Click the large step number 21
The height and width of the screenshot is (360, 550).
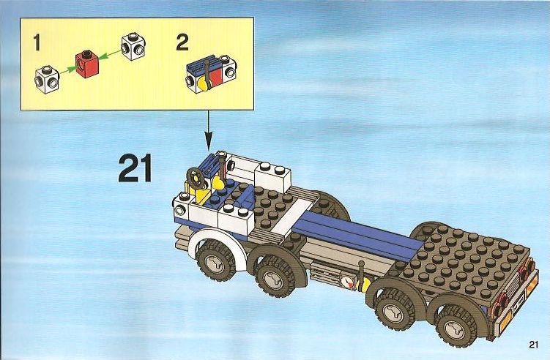point(135,168)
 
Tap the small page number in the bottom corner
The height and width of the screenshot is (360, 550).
point(533,345)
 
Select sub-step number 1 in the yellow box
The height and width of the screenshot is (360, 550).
point(37,42)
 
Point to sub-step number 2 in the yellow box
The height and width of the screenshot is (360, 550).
point(182,42)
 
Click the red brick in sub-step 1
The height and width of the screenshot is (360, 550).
point(87,64)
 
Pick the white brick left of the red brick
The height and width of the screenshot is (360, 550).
point(47,80)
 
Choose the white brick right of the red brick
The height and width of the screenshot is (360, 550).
point(133,47)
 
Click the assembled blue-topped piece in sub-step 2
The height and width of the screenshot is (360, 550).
point(211,74)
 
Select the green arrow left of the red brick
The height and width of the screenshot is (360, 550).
point(67,70)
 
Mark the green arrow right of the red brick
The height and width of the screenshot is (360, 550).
point(109,54)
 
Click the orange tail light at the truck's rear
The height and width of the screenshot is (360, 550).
point(532,283)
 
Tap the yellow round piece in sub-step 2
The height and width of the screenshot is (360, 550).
point(202,85)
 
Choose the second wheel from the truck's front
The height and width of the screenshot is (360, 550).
point(273,277)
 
